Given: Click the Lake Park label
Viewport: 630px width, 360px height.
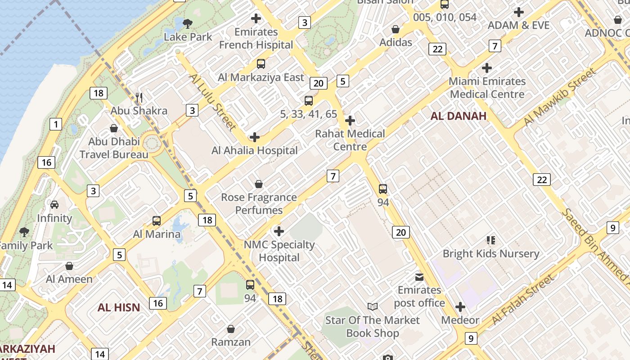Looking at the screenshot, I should [x=188, y=37].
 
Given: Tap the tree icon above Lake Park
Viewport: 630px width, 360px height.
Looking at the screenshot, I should [x=188, y=23].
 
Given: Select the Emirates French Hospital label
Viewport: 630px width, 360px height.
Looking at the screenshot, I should [x=256, y=39].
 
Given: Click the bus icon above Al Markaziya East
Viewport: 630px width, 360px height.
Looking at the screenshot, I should [x=261, y=64].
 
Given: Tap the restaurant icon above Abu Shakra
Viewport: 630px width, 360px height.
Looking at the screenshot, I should [x=139, y=97].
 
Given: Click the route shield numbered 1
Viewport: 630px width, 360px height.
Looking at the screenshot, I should [x=56, y=125].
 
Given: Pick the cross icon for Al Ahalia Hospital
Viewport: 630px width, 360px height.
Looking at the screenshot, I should [x=255, y=137].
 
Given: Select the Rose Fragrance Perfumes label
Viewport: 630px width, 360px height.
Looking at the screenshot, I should [x=259, y=204].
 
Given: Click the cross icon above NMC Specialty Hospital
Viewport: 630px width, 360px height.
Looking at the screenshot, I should [x=279, y=231].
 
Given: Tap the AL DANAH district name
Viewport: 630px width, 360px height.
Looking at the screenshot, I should [x=459, y=116].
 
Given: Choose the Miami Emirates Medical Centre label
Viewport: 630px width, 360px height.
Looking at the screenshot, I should [x=487, y=88].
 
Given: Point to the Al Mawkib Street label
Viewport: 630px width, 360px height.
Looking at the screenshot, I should [x=560, y=97].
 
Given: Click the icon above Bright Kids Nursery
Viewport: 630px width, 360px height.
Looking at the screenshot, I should [x=490, y=240].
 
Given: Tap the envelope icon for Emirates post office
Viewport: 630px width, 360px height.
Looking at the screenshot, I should [x=419, y=276].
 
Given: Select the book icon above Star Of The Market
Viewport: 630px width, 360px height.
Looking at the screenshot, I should [x=373, y=307].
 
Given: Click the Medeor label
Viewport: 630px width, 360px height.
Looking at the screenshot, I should [x=460, y=320].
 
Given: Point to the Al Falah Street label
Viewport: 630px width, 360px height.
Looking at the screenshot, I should [x=523, y=300].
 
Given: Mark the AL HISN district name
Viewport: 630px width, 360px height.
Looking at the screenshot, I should [x=119, y=308].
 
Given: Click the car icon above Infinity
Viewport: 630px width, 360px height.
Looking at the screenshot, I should [x=54, y=205].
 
